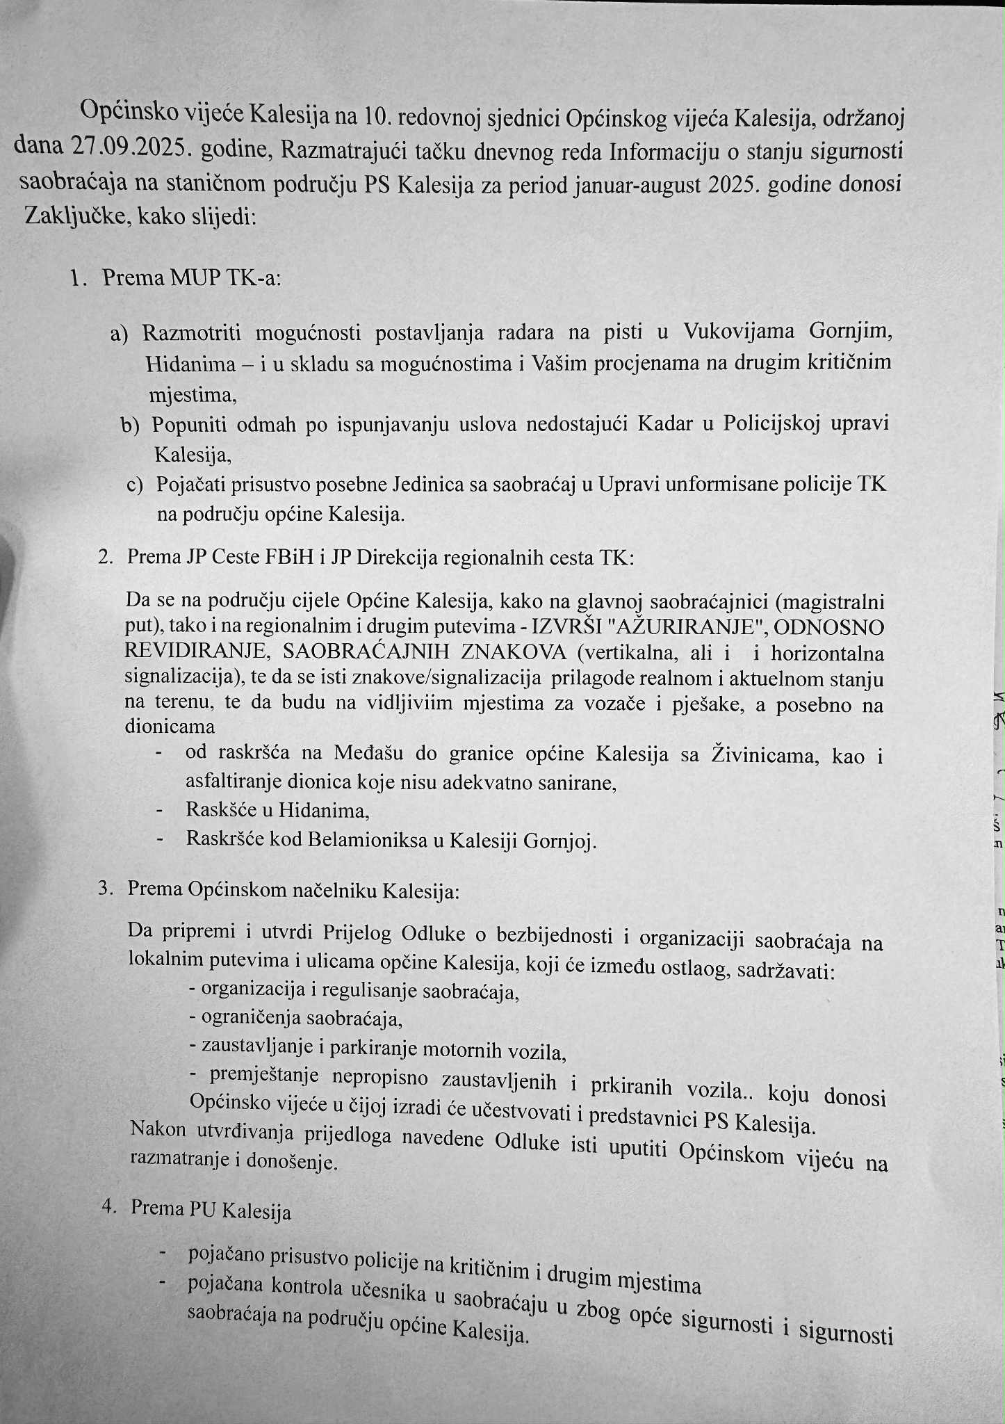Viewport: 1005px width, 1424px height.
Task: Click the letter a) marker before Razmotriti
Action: tap(120, 334)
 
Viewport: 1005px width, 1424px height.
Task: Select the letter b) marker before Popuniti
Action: tap(130, 426)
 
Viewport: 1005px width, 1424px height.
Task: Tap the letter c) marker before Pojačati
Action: tap(135, 485)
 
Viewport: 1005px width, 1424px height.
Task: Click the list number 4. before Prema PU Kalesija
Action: tap(108, 1206)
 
